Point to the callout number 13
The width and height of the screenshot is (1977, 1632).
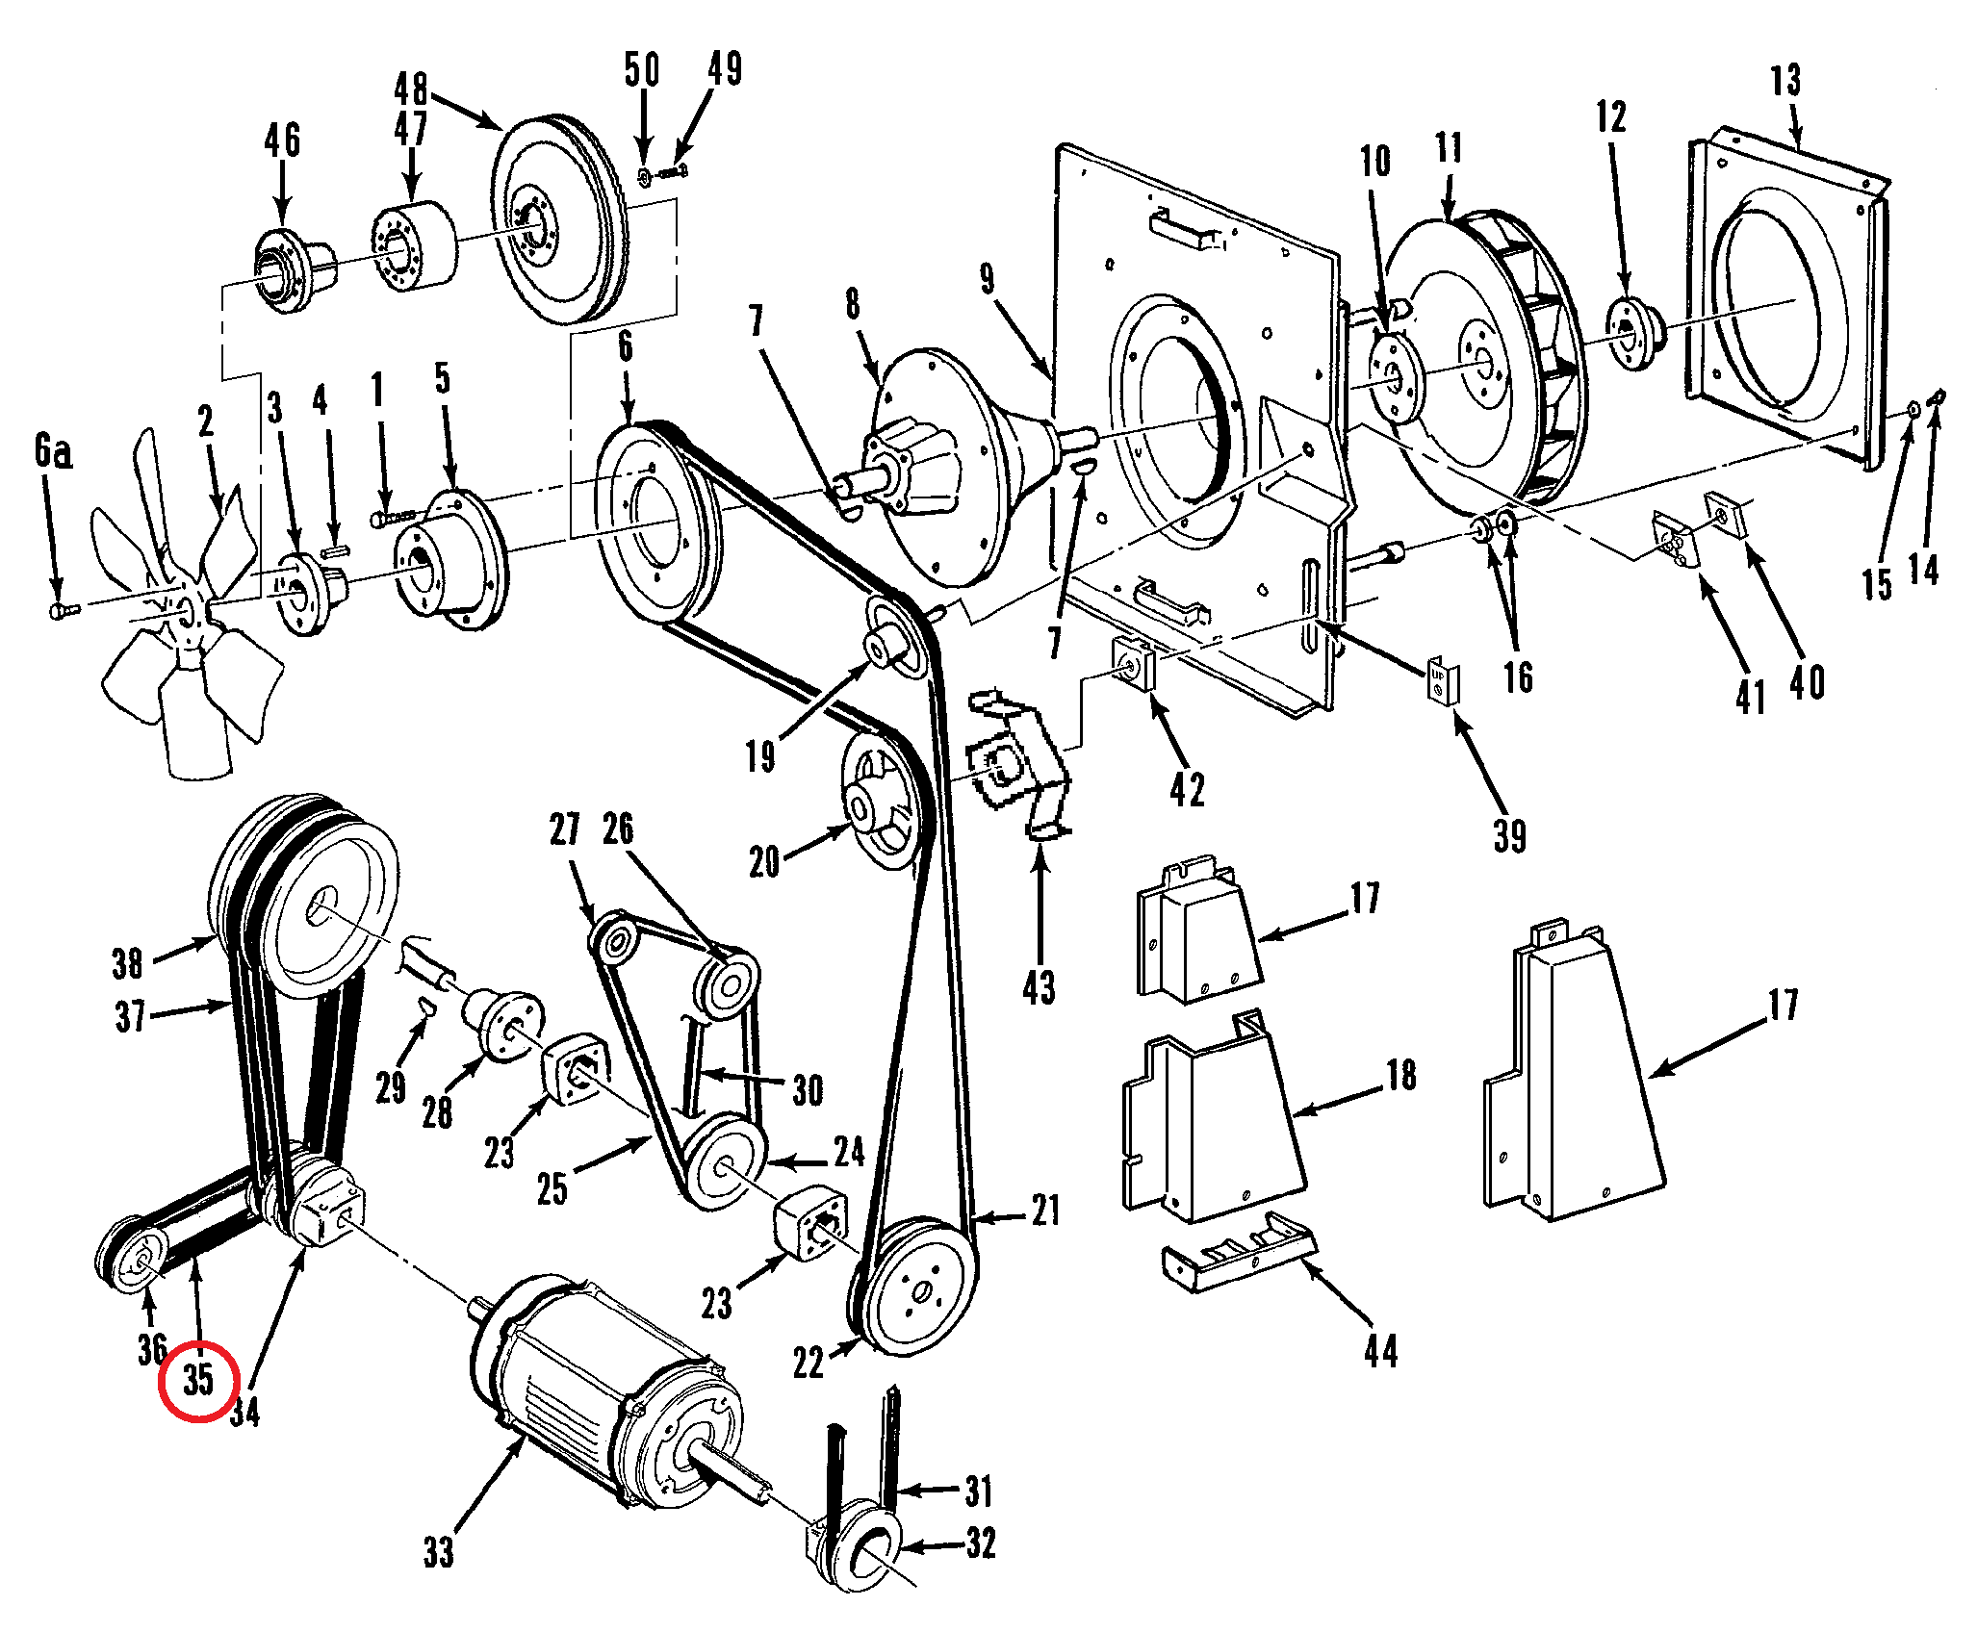(x=1785, y=80)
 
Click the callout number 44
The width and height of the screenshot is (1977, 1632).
(x=1381, y=1350)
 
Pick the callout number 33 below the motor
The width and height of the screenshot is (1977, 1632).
(x=438, y=1550)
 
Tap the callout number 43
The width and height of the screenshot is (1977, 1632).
(x=1039, y=987)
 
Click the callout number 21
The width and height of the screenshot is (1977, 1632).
(x=1045, y=1211)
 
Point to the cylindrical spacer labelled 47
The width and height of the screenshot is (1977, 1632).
(x=415, y=246)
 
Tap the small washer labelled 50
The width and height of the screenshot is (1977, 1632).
(x=644, y=176)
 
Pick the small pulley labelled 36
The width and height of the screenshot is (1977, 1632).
(x=133, y=1256)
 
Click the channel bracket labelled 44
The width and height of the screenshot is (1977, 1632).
(x=1239, y=1250)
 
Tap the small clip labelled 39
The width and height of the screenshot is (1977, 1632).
(x=1442, y=679)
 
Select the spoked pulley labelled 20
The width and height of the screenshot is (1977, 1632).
(x=879, y=801)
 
